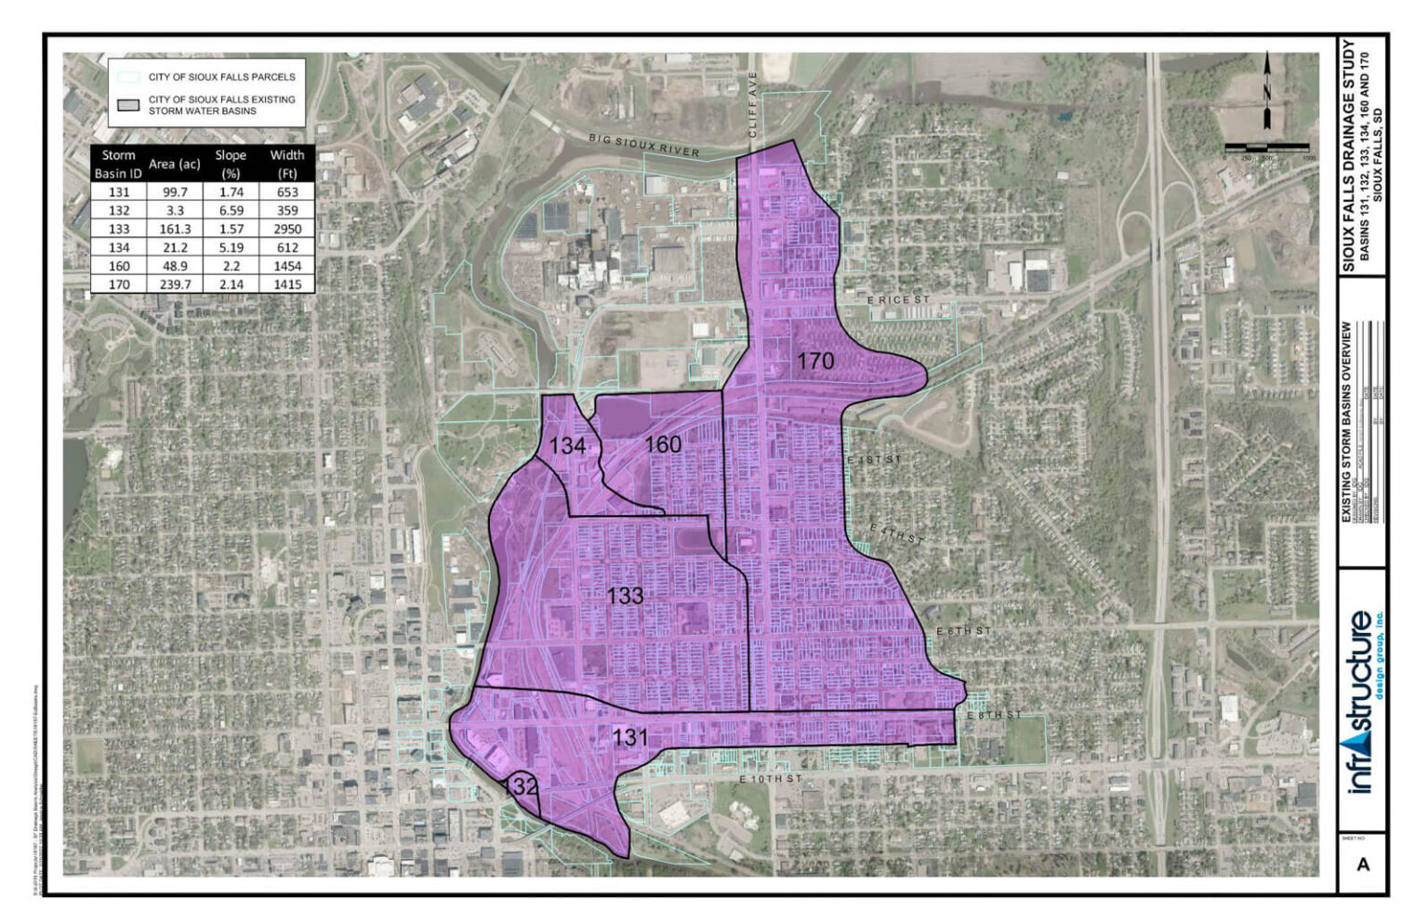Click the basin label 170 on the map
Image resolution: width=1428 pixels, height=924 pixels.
click(x=815, y=360)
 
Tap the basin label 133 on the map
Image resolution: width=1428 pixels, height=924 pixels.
click(x=625, y=595)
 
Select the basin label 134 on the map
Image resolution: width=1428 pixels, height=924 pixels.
click(x=567, y=445)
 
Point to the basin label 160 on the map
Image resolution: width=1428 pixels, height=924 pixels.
click(x=663, y=444)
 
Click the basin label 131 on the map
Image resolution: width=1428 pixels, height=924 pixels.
click(x=629, y=737)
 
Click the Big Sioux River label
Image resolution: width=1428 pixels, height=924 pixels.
click(x=643, y=144)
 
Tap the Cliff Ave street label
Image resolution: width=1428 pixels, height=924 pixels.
click(x=754, y=104)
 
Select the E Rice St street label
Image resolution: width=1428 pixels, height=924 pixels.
click(x=898, y=300)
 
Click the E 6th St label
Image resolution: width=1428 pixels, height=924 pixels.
click(x=963, y=631)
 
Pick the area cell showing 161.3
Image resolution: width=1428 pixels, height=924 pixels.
click(x=175, y=229)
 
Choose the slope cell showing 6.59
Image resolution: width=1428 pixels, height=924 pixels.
click(x=231, y=210)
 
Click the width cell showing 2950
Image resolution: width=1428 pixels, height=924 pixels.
click(x=287, y=229)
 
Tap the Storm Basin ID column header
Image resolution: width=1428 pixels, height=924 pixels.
click(x=118, y=164)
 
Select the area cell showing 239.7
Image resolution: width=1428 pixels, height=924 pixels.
click(x=175, y=284)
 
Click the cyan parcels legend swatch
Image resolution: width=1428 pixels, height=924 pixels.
click(x=128, y=77)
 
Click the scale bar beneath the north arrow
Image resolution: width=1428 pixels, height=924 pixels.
click(x=1266, y=148)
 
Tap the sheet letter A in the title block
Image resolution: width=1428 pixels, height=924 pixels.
click(x=1363, y=864)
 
